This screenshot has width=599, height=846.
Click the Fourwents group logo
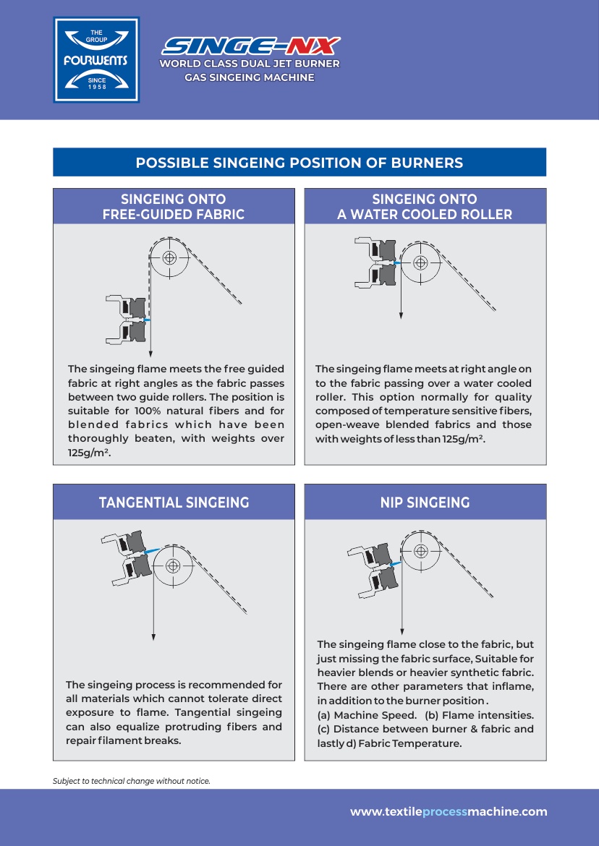click(x=96, y=60)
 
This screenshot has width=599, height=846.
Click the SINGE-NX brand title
click(x=250, y=47)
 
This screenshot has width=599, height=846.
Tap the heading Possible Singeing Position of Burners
click(x=299, y=163)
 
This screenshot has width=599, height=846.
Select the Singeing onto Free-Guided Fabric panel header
click(x=174, y=207)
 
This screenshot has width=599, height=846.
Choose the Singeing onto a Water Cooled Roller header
click(x=425, y=207)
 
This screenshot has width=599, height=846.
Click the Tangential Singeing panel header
click(x=174, y=503)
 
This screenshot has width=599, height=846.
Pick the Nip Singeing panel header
click(x=425, y=503)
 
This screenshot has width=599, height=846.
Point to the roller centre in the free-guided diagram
click(x=169, y=257)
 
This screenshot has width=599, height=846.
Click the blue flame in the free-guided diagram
click(x=147, y=319)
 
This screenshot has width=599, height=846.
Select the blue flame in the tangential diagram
click(x=151, y=551)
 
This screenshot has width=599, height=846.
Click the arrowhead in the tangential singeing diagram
click(x=153, y=637)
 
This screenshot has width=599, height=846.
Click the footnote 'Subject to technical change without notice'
click(x=131, y=781)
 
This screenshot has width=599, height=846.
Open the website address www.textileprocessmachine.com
click(x=449, y=812)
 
